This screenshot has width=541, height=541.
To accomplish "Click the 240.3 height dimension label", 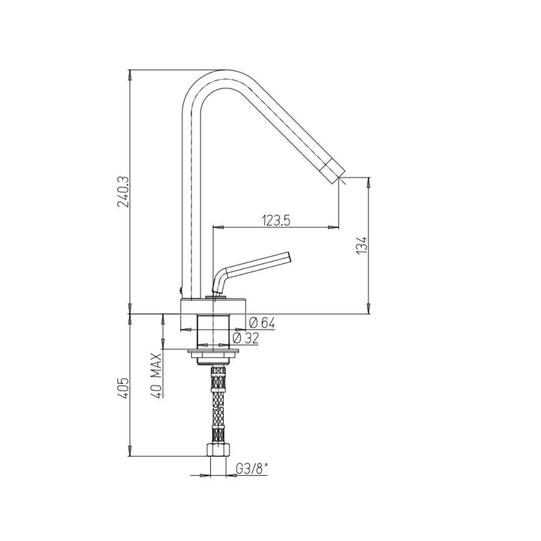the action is coord(123,191).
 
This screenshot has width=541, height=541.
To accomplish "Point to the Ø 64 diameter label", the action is coord(262,323).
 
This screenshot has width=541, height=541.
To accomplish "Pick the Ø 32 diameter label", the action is coord(245,339).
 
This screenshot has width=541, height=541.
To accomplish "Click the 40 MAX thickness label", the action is coord(157,375).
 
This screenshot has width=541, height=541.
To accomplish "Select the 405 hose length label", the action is coord(123,388).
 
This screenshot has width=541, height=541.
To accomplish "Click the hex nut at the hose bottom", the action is coord(218,450).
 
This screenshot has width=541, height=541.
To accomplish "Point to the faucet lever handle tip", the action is coord(288,257).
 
